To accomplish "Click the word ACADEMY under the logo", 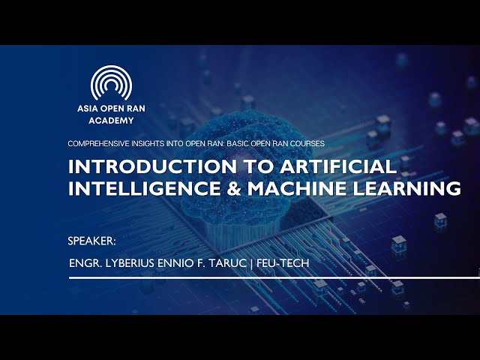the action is [x=112, y=121].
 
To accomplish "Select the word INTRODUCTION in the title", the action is [x=152, y=166].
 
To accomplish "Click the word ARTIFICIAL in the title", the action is [x=338, y=166].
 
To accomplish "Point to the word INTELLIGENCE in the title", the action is [x=144, y=188].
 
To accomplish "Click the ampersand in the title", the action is [x=234, y=188].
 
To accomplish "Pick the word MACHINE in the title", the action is [x=297, y=188].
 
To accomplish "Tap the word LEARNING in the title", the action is [x=406, y=188].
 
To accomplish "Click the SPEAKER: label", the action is [x=91, y=241].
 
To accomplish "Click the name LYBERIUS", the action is [x=130, y=263].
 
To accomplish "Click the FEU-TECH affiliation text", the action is [x=283, y=263].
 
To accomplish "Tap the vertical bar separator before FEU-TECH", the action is [x=251, y=263].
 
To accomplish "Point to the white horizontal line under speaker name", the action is [x=274, y=278].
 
